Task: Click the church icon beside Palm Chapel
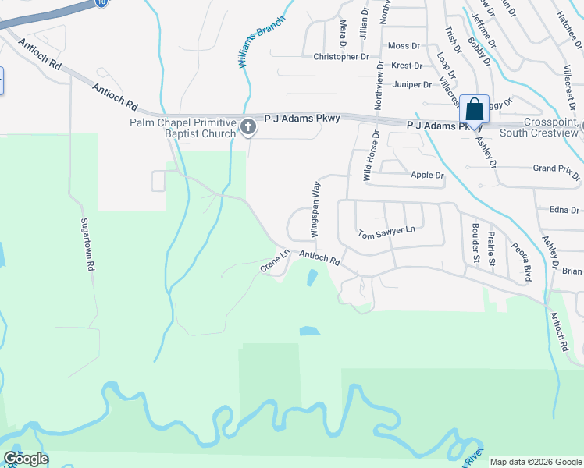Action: [x=248, y=126]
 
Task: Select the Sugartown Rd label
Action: [x=87, y=244]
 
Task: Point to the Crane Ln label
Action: [x=275, y=261]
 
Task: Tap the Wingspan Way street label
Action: [x=316, y=209]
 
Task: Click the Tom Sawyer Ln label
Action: [x=386, y=232]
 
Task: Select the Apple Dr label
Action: [x=427, y=175]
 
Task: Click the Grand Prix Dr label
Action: [x=555, y=168]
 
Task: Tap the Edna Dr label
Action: [x=564, y=210]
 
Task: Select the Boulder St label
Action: [x=475, y=243]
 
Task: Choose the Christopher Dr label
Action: [x=340, y=57]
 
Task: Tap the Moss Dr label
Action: [x=404, y=46]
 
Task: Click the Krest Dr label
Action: [x=406, y=66]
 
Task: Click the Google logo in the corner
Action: [x=27, y=459]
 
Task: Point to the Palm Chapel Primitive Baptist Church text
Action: [x=183, y=127]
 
